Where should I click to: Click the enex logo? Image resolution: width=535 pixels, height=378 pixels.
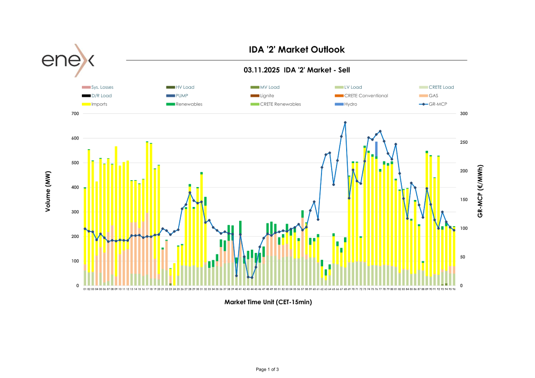pyautogui.click(x=68, y=60)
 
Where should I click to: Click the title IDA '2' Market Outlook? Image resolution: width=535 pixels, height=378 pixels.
pyautogui.click(x=297, y=50)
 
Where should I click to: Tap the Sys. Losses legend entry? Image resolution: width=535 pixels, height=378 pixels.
pyautogui.click(x=102, y=87)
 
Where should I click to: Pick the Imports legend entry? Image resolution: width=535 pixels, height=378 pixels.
pyautogui.click(x=99, y=104)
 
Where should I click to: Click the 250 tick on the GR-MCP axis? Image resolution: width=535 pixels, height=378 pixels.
pyautogui.click(x=463, y=143)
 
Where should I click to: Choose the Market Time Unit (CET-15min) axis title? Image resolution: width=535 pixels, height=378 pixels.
pyautogui.click(x=268, y=302)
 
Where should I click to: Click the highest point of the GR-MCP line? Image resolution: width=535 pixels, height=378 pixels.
pyautogui.click(x=345, y=122)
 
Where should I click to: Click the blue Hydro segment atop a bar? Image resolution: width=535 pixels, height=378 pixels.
pyautogui.click(x=376, y=149)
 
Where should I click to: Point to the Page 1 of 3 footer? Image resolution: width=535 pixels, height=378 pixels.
pyautogui.click(x=267, y=369)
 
